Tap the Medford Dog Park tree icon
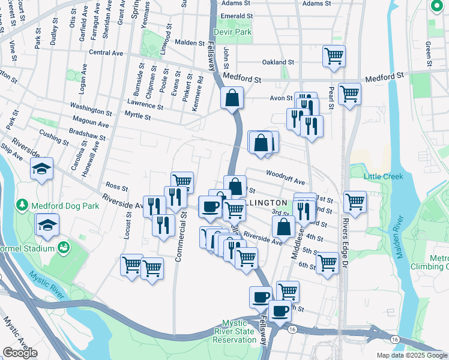(23, 205)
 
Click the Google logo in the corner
(20, 353)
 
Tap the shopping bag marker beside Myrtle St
(232, 98)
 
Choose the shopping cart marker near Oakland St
(334, 56)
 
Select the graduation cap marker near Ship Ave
(41, 169)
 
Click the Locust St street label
(127, 226)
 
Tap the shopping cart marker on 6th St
(327, 262)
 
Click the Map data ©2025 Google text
(412, 355)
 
